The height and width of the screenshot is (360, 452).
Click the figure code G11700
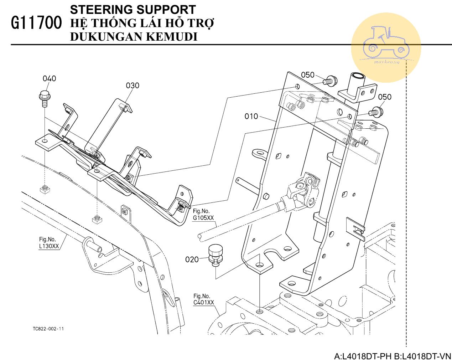tap(37, 23)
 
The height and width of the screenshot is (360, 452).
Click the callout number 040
tap(50, 78)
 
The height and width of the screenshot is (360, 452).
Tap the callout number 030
tap(133, 86)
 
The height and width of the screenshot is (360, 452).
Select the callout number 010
tap(251, 116)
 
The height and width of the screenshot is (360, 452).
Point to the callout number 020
tap(192, 259)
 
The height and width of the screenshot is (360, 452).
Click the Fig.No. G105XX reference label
tap(203, 215)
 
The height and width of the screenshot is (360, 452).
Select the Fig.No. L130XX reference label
tap(49, 243)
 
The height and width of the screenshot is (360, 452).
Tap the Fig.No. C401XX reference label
tap(204, 299)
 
